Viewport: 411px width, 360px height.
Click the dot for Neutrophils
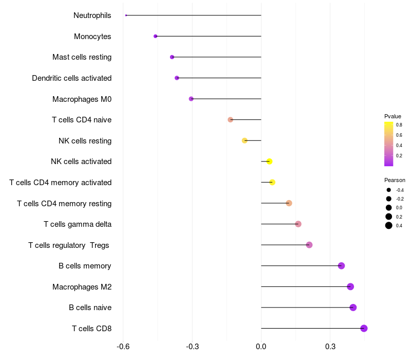(126, 15)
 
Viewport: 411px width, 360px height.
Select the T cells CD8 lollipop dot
(364, 328)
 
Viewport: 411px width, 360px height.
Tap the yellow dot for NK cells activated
(269, 161)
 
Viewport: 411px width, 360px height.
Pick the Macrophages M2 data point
(350, 286)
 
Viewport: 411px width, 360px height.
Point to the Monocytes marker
(155, 36)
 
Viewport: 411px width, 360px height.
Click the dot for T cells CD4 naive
(231, 119)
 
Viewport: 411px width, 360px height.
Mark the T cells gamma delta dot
(298, 224)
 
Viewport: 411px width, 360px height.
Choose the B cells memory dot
(341, 266)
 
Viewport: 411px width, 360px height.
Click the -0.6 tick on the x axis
(123, 346)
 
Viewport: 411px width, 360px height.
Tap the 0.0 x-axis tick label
(261, 346)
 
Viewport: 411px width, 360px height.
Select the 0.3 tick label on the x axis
(330, 346)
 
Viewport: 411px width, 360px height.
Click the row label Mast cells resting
(82, 57)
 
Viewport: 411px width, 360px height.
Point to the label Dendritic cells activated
(71, 78)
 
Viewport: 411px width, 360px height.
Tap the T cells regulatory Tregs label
(69, 245)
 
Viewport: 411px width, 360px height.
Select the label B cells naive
(90, 308)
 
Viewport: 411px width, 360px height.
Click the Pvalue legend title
(393, 116)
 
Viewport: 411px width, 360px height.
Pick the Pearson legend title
(395, 181)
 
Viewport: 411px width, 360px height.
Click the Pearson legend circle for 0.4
(389, 225)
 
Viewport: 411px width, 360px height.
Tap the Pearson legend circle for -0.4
(389, 190)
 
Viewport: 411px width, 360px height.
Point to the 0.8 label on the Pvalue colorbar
(399, 124)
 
